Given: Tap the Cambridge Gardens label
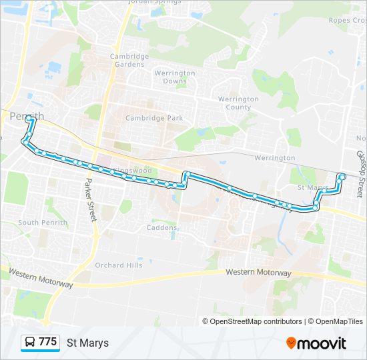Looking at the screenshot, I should [x=129, y=61].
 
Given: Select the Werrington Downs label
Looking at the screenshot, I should [x=174, y=77].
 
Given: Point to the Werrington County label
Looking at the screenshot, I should [x=238, y=103].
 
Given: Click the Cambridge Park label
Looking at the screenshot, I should [x=154, y=118].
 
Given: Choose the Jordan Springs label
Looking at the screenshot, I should [x=155, y=2].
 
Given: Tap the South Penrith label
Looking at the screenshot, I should [x=38, y=223].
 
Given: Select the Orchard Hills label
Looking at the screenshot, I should [x=119, y=265].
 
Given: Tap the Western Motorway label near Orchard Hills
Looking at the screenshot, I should [x=258, y=273].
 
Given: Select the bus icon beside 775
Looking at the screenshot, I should [x=30, y=343].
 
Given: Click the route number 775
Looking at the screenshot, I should [x=48, y=342].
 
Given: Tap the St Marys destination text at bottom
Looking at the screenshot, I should [x=87, y=343].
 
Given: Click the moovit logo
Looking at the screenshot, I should [x=316, y=343].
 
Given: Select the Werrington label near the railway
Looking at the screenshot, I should [x=274, y=158].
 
